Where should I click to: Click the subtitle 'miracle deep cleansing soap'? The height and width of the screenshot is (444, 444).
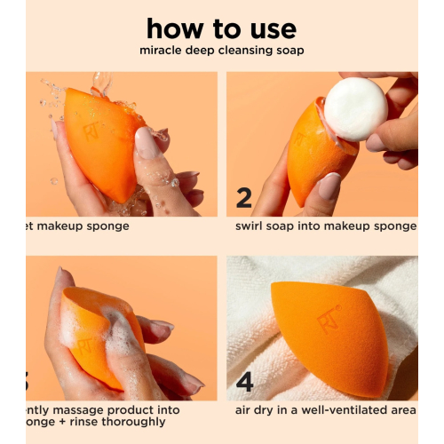[221, 50]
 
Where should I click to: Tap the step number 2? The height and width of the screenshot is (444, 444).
[244, 197]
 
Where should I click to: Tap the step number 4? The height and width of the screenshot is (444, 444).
[244, 382]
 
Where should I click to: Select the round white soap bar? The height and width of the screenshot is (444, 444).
[354, 109]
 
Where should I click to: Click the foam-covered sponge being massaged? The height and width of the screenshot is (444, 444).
[98, 333]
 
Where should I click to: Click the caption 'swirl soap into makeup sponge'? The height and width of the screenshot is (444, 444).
[325, 226]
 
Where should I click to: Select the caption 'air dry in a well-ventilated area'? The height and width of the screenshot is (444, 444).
[326, 410]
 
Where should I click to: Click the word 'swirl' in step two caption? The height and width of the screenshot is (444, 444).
[251, 226]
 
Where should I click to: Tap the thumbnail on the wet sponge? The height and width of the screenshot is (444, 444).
[146, 142]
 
